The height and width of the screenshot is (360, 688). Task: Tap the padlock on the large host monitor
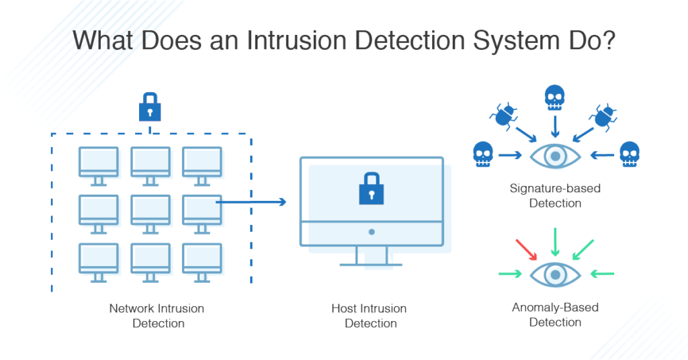click(x=371, y=189)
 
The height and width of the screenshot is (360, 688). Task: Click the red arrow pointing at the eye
click(x=526, y=249)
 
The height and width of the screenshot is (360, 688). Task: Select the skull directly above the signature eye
click(x=554, y=97)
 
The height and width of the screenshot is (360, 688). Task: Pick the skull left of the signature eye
click(x=483, y=154)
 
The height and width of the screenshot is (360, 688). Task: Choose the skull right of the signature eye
click(x=630, y=154)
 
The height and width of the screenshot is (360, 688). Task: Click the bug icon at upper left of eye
click(x=504, y=116)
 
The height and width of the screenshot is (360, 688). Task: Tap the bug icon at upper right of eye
click(x=603, y=117)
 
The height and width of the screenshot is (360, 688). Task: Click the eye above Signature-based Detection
click(x=556, y=156)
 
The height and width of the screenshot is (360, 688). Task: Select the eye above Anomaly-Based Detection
click(x=556, y=275)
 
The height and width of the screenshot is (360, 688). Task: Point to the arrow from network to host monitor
click(x=251, y=201)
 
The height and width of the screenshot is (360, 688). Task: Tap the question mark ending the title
click(x=609, y=40)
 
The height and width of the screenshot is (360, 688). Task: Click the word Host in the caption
click(x=345, y=308)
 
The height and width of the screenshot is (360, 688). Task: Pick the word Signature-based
click(x=555, y=189)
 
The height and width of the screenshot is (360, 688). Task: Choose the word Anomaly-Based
click(x=555, y=308)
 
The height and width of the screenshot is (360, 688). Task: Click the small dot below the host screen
click(x=372, y=232)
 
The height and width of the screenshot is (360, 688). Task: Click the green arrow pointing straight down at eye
click(x=555, y=242)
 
